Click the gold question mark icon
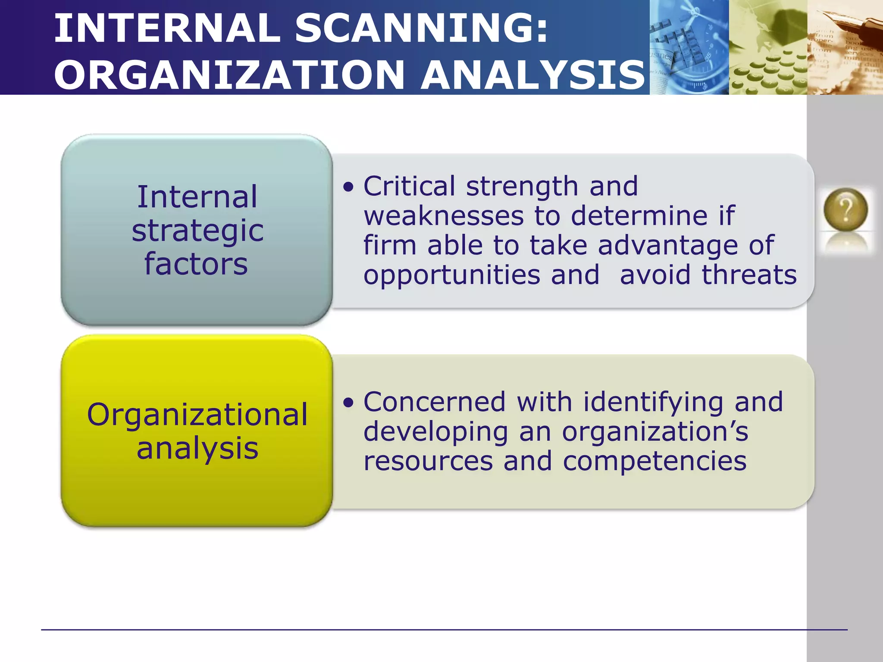point(845,210)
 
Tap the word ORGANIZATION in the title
point(229,75)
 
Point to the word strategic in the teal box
point(197,231)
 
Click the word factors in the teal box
point(196,264)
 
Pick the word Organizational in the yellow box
point(197,415)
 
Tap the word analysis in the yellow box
point(197,448)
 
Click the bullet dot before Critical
point(348,187)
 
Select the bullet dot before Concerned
point(348,403)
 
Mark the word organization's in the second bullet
point(655,432)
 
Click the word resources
point(428,461)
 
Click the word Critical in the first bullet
point(409,186)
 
